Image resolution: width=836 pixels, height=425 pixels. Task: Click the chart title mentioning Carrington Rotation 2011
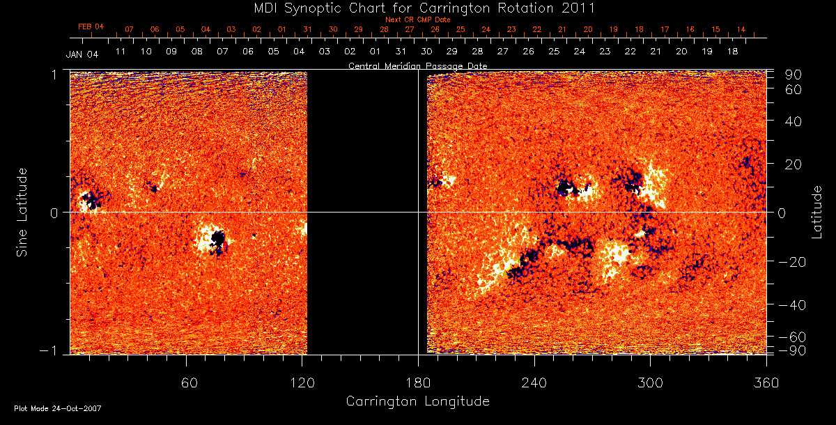(x=417, y=8)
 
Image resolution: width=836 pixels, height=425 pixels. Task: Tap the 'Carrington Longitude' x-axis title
(x=417, y=401)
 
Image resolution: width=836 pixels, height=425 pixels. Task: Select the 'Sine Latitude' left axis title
(x=23, y=211)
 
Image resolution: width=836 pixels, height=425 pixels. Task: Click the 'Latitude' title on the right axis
(x=817, y=211)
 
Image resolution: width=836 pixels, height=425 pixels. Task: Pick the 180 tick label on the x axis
(x=418, y=383)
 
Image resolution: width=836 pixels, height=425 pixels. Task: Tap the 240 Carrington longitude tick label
(x=534, y=383)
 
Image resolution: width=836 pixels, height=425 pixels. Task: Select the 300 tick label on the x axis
(x=650, y=383)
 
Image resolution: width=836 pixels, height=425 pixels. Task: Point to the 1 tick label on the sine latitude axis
(x=54, y=74)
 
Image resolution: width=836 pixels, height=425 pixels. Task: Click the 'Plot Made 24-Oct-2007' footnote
(x=58, y=408)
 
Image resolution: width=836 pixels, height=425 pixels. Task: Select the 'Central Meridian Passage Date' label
(x=417, y=66)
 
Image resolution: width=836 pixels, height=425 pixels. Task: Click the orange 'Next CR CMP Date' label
(x=417, y=20)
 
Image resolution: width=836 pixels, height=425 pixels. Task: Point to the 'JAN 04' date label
(x=82, y=54)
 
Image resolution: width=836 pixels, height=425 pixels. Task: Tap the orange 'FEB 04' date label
(x=91, y=26)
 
